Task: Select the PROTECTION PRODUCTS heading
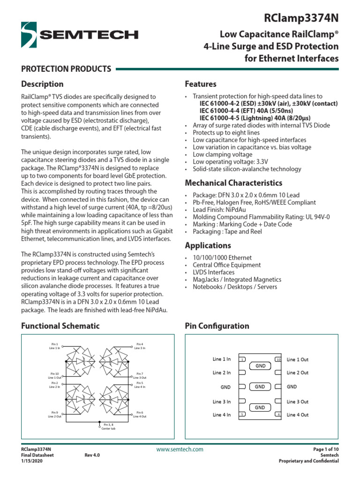point(66,69)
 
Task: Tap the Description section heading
point(42,84)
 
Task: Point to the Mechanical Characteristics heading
point(233,183)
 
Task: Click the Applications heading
point(208,246)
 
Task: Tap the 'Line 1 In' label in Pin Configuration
point(221,359)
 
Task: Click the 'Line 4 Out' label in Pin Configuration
point(298,414)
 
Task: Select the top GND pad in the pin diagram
point(260,365)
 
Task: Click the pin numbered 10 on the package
point(278,360)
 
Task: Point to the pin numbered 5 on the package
point(242,414)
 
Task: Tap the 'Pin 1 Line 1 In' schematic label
point(54,346)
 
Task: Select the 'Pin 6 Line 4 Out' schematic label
point(139,414)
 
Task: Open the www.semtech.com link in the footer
point(180,450)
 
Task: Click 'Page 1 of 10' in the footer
point(325,449)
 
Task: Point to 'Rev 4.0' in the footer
point(92,455)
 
